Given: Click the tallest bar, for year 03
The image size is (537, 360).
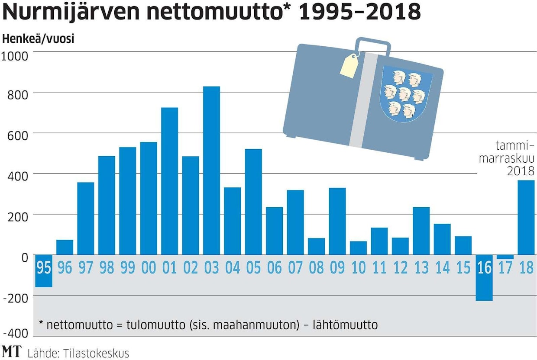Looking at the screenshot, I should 211,170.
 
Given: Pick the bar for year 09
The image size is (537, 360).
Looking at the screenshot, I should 337,221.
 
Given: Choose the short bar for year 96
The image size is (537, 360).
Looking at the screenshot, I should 65,247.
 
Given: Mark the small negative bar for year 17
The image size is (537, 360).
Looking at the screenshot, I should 505,257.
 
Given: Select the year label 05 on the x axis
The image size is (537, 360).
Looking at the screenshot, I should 253,268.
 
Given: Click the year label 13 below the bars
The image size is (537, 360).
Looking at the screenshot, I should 421,268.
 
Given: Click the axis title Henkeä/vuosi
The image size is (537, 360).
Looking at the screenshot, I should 38,39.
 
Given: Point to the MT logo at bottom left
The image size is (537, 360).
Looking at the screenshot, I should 11,351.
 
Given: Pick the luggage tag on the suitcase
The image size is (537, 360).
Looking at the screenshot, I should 349,66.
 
